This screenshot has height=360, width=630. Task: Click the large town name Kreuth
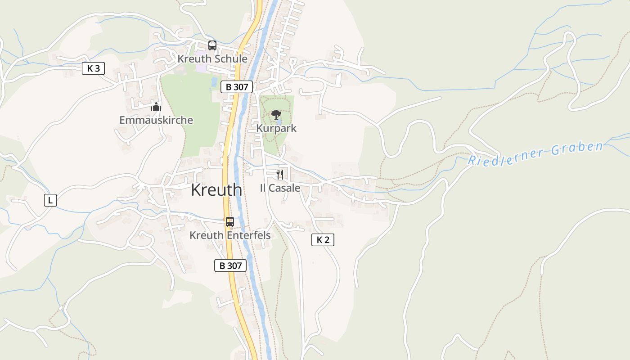coord(216,190)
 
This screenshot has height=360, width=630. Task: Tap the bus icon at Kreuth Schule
coord(212,45)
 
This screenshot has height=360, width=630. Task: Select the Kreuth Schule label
coord(212,59)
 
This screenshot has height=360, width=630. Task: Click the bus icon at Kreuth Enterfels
coord(230,221)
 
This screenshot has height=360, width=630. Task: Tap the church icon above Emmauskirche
coord(156,107)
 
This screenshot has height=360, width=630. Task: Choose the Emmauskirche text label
coord(156,120)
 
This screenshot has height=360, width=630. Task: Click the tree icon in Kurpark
coord(276,114)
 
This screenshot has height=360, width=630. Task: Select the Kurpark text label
coord(276,128)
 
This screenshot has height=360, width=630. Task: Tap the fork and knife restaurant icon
coord(280,175)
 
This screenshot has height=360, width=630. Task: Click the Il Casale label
coord(280,188)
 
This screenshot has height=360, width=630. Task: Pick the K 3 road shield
coord(94,68)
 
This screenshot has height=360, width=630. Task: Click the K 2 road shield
coord(323,240)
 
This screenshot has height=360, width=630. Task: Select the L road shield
coord(50,200)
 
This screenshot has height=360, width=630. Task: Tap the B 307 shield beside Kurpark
coord(237,87)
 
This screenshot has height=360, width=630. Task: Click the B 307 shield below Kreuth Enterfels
coord(230,265)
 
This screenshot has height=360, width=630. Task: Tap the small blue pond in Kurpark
coord(279,122)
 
